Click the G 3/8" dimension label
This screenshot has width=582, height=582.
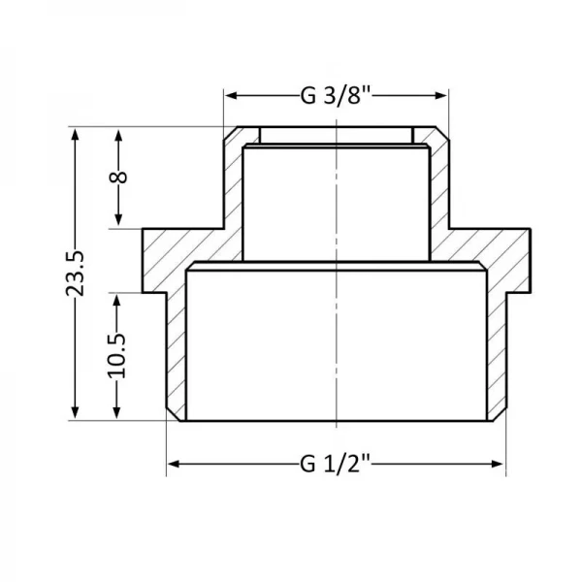pyautogui.click(x=335, y=95)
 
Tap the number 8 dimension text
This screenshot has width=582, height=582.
pyautogui.click(x=119, y=178)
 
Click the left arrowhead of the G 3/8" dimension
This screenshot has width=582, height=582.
pyautogui.click(x=231, y=95)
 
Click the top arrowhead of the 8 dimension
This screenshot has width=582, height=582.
pyautogui.click(x=119, y=134)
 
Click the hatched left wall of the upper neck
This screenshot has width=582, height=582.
pyautogui.click(x=233, y=184)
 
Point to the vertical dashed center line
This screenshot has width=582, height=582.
pyautogui.click(x=336, y=291)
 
